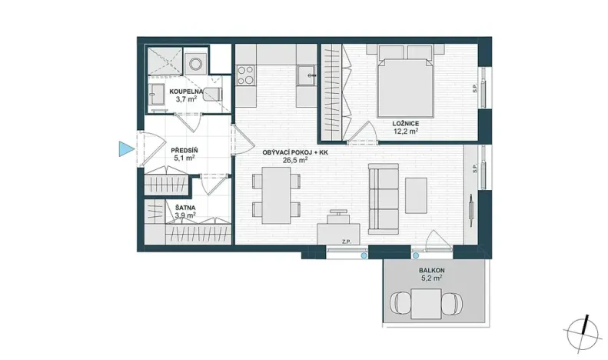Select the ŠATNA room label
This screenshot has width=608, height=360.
click(x=184, y=208)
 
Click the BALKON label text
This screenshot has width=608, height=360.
click(x=431, y=272)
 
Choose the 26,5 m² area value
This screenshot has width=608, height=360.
click(x=296, y=161)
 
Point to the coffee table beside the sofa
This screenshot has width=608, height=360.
click(x=417, y=195)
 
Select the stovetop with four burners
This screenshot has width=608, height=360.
click(x=247, y=75)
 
